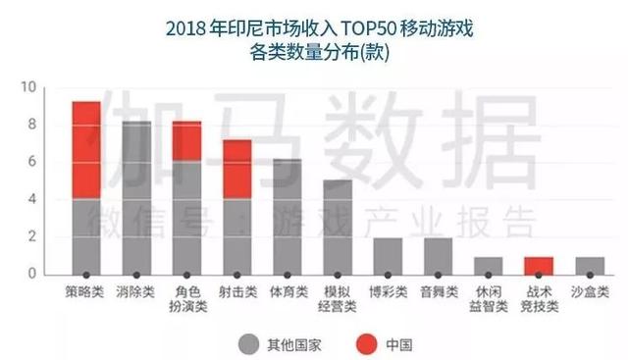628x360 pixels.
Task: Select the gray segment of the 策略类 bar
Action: pyautogui.click(x=86, y=236)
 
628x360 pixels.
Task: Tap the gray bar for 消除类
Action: pyautogui.click(x=136, y=197)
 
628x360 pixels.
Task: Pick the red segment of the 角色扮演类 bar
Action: pyautogui.click(x=186, y=141)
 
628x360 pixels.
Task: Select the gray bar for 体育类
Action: pyautogui.click(x=288, y=216)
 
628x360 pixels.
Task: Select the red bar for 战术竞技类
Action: pyautogui.click(x=539, y=265)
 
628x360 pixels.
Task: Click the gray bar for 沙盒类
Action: pyautogui.click(x=589, y=265)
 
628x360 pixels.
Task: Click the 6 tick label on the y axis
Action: pyautogui.click(x=31, y=162)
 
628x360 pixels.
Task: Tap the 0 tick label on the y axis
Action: pyautogui.click(x=31, y=274)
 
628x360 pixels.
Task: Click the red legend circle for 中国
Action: pyautogui.click(x=355, y=342)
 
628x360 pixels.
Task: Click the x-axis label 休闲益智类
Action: pyautogui.click(x=488, y=299)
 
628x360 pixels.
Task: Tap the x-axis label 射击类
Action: pyautogui.click(x=236, y=292)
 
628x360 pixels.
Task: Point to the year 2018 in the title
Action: pyautogui.click(x=190, y=25)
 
